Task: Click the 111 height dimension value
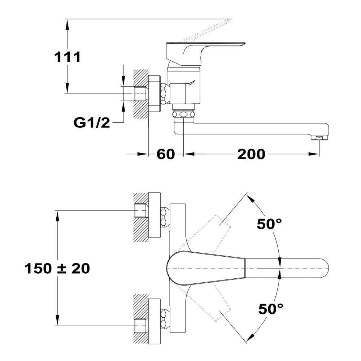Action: [67, 57]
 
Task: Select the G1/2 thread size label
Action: [92, 123]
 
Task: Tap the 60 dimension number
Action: [166, 154]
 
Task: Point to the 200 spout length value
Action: [251, 154]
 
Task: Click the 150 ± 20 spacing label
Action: [57, 269]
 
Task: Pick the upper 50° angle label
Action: [269, 223]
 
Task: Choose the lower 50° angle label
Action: [270, 309]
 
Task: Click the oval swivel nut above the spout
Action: [183, 114]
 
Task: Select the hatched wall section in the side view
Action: [140, 94]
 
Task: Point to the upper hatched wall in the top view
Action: [140, 217]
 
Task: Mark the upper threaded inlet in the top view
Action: [140, 210]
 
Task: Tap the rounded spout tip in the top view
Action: [322, 269]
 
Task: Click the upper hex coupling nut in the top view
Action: [164, 217]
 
